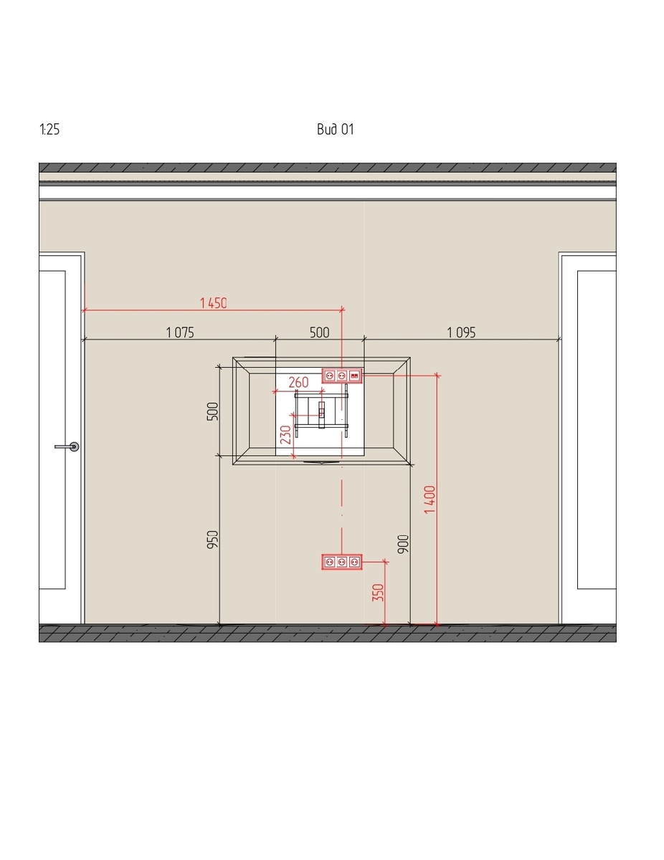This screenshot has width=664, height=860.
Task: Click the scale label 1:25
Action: (x=49, y=130)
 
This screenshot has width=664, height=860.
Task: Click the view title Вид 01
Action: (x=335, y=130)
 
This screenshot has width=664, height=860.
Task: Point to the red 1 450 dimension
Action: (x=213, y=303)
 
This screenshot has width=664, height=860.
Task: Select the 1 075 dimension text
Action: (x=180, y=333)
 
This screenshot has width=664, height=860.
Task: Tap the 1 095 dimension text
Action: (x=461, y=333)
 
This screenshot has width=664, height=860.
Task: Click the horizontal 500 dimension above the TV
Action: (x=319, y=333)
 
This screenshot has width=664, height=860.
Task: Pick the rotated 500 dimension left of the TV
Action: (x=213, y=411)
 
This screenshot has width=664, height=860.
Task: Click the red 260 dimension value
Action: (x=298, y=382)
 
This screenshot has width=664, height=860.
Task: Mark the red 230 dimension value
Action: (x=285, y=434)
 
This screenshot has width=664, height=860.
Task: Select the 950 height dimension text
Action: (x=213, y=540)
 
